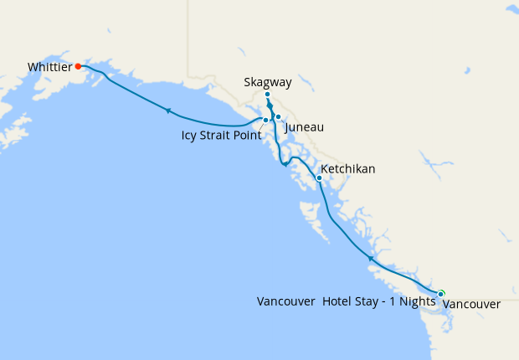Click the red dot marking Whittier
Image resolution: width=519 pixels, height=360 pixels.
[x=78, y=65]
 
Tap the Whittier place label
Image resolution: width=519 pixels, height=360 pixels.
[x=49, y=66]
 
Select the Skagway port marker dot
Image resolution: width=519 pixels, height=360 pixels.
[x=267, y=95]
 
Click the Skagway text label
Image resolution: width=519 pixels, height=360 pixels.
[x=267, y=82]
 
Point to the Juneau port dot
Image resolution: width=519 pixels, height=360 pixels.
[x=278, y=117]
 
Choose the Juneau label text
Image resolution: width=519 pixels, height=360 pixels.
[x=304, y=127]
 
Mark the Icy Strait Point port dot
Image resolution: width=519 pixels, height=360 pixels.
[x=265, y=120]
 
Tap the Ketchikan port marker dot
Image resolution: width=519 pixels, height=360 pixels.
[x=319, y=177]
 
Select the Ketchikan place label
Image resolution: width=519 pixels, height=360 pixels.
[x=349, y=169]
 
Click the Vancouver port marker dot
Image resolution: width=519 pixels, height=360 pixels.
[x=440, y=294]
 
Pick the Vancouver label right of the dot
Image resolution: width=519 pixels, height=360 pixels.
[x=471, y=305]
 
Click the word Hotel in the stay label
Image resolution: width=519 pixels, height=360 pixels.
[x=339, y=301]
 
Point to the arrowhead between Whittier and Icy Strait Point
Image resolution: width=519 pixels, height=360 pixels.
[x=168, y=111]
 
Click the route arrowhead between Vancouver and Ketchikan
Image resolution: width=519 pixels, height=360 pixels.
[x=370, y=260]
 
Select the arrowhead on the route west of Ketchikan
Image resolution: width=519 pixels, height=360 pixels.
[x=285, y=164]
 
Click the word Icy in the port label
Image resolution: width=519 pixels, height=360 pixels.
[x=189, y=134]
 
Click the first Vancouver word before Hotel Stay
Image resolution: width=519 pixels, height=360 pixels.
[x=286, y=301]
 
